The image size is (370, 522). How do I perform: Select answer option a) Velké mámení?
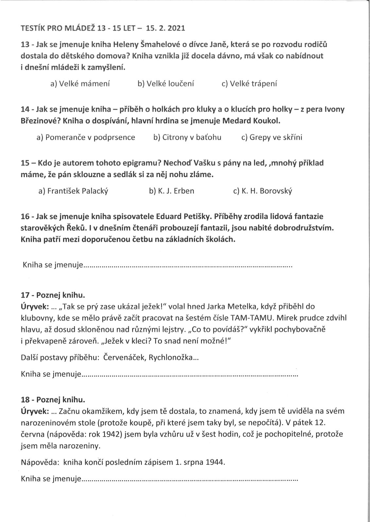[80, 84]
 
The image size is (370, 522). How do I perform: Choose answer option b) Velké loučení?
[166, 84]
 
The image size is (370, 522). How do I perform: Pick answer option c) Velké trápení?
[249, 84]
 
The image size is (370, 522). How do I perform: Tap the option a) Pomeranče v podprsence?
[86, 137]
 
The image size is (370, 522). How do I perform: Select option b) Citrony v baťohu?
[187, 137]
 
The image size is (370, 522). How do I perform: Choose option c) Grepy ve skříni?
[272, 137]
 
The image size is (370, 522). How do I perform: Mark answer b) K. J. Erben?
[171, 191]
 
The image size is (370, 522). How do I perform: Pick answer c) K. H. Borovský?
[262, 191]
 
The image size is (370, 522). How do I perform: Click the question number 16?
[25, 216]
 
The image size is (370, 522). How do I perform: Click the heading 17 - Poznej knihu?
[53, 295]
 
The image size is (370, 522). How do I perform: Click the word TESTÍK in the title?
[33, 28]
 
